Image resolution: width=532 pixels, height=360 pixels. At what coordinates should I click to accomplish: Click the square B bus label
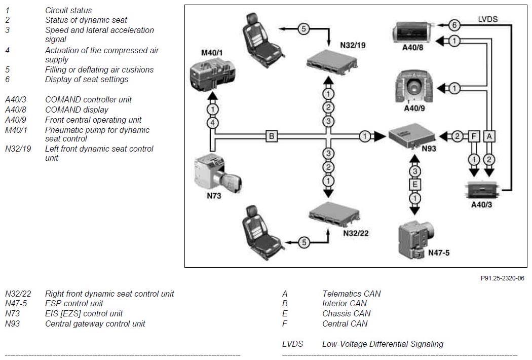[272, 136]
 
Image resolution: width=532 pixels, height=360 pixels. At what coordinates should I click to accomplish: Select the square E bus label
[414, 185]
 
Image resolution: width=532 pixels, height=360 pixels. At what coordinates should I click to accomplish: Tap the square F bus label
[474, 136]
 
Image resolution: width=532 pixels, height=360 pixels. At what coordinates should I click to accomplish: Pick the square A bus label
[489, 136]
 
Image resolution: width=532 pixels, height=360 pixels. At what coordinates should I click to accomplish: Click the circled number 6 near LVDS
[454, 25]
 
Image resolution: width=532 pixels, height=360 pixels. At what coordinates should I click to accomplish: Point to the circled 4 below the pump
[212, 123]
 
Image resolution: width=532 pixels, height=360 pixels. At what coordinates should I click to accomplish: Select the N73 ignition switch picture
[218, 173]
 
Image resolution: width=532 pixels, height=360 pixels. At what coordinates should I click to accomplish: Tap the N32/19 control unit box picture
[332, 62]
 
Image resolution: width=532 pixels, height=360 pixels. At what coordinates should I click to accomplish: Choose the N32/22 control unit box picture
[334, 214]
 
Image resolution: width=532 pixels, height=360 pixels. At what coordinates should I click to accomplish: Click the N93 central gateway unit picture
[411, 136]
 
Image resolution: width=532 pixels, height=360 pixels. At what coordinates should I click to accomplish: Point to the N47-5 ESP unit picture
[416, 239]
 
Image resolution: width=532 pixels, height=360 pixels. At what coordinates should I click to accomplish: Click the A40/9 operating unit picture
[414, 87]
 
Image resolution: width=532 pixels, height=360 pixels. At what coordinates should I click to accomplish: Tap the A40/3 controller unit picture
[482, 190]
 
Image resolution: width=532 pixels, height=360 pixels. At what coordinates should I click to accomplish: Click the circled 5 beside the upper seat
[303, 29]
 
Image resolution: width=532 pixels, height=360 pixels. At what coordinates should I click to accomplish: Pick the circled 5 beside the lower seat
[304, 242]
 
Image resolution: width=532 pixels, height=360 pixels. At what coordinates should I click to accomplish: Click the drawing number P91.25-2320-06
[502, 278]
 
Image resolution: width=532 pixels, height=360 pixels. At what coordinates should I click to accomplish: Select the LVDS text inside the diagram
[487, 19]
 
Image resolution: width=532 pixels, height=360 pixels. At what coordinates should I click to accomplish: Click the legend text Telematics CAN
[352, 294]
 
